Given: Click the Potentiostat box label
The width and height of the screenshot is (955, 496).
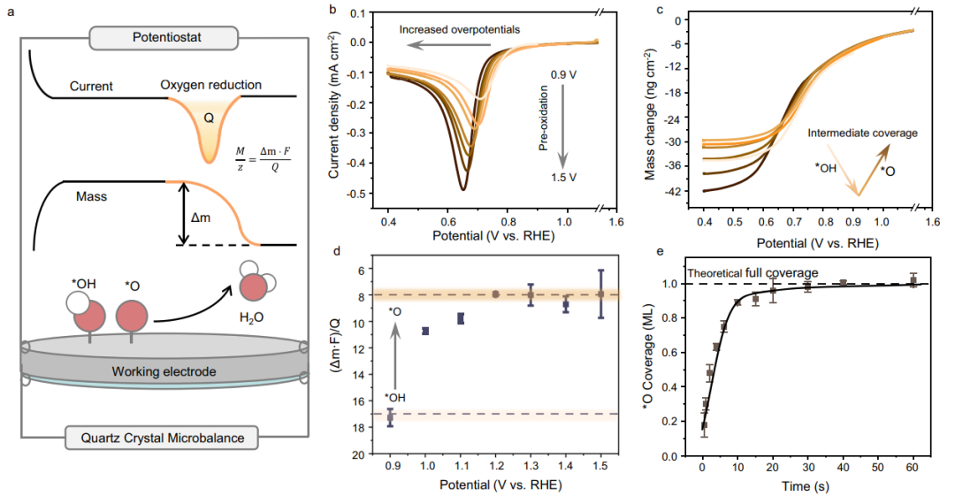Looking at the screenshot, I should coord(164,38).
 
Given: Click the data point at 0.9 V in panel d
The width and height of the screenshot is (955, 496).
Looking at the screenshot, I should coord(390,417).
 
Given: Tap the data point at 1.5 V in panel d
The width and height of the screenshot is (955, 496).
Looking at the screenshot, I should coord(600,294).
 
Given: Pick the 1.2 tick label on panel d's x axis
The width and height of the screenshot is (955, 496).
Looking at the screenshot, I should coord(495,465).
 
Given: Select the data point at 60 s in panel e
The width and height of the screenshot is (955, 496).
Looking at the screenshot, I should coord(913,281).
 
